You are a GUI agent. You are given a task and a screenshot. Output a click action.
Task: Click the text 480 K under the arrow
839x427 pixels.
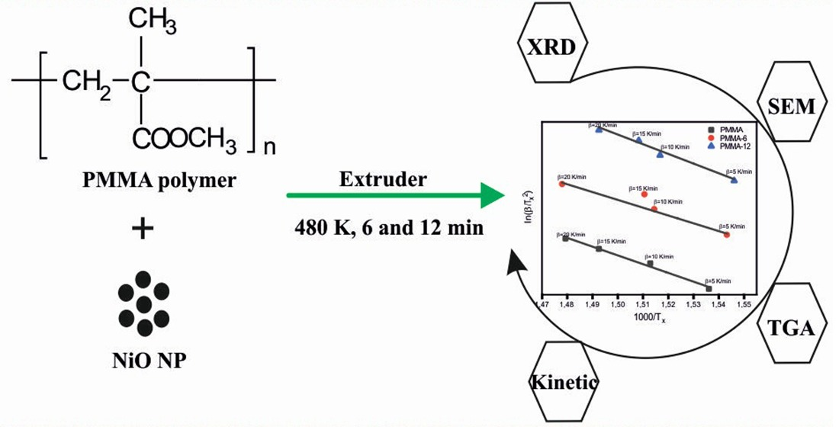pos(329,227)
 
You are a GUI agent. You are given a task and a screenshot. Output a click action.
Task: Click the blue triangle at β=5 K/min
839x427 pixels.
pos(734,180)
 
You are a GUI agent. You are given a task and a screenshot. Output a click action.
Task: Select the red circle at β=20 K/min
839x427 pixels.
pos(562,184)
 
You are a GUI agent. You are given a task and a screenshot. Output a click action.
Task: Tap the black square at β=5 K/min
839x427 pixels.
pos(709,288)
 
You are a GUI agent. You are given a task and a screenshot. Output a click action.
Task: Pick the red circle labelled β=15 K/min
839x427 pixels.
pos(645,194)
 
